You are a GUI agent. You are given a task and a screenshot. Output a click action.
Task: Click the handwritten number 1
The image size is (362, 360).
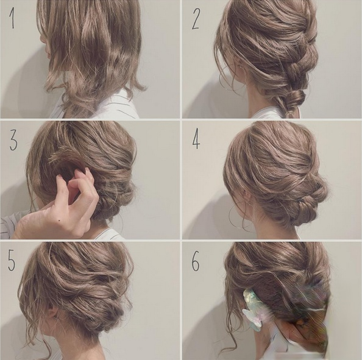point(12,19)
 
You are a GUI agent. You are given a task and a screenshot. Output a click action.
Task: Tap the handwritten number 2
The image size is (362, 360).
point(196,19)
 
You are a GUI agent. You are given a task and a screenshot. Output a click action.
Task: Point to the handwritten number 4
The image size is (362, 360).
point(196,139)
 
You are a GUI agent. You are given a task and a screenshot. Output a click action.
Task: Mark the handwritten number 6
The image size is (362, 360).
point(195,262)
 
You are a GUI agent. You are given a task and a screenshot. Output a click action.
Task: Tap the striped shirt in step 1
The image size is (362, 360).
point(108,106)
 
